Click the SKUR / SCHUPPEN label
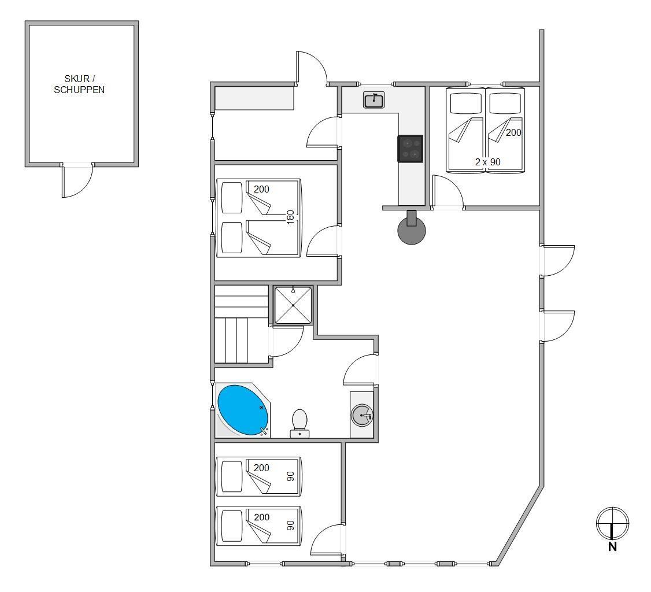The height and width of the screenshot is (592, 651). click(79, 84)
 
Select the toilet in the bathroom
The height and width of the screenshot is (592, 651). click(299, 423)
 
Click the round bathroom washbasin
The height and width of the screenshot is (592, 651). click(362, 415)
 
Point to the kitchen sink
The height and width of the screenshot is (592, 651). click(373, 100)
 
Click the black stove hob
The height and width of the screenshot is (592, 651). click(410, 148)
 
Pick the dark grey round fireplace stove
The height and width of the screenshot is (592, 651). click(412, 230)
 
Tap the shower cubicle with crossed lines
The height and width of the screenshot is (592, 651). click(293, 305)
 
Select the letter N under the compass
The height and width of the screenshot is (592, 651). click(612, 547)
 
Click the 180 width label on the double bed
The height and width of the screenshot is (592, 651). click(290, 217)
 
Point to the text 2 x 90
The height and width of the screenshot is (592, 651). click(488, 162)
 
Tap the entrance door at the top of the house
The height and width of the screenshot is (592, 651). click(312, 68)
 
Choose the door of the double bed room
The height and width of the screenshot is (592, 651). click(323, 240)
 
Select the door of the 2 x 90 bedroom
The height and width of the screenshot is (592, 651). click(448, 191)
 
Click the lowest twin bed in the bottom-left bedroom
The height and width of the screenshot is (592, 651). click(258, 526)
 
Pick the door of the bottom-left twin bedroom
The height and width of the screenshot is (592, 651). click(327, 539)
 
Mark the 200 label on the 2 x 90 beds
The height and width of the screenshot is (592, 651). click(513, 132)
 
